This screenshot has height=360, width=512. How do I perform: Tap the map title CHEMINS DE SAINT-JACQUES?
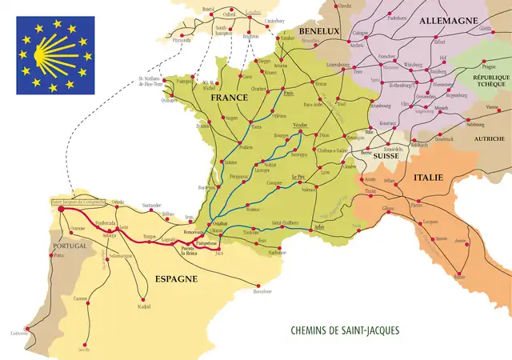(346, 330)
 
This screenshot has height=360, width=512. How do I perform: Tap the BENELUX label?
(320, 30)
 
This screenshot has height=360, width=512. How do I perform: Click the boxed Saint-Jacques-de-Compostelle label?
(79, 203)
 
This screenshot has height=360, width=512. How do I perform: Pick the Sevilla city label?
(84, 349)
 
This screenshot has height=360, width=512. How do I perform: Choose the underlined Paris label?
(289, 93)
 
